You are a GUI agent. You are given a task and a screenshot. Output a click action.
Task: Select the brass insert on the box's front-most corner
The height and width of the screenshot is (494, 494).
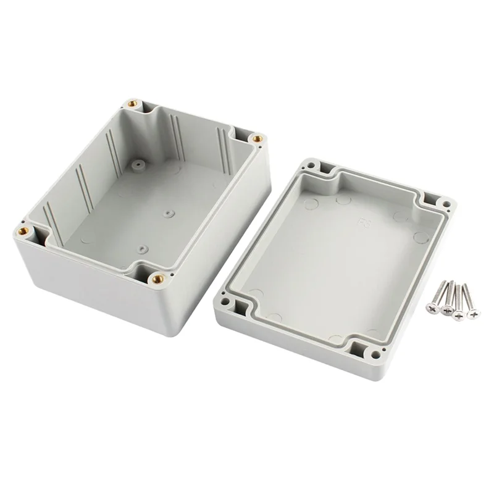tap(157, 278)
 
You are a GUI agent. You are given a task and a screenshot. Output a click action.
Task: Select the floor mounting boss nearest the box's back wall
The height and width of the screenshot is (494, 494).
tap(137, 165)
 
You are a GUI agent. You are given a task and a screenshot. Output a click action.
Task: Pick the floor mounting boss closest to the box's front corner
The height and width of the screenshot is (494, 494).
tap(143, 249)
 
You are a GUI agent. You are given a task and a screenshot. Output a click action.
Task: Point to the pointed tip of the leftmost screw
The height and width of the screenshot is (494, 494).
tap(445, 281)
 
